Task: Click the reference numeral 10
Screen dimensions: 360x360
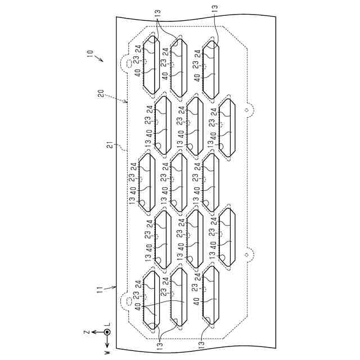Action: (x=89, y=53)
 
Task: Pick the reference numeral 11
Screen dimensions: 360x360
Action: (x=99, y=289)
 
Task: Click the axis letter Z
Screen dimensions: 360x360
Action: (x=86, y=332)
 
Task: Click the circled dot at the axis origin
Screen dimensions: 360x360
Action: (x=107, y=332)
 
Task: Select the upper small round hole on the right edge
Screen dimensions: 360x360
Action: (x=245, y=110)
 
